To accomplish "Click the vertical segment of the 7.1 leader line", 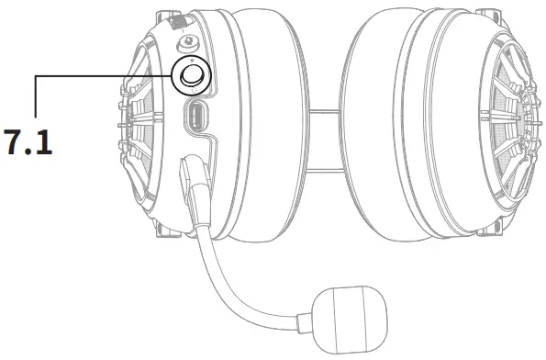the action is click(35, 102).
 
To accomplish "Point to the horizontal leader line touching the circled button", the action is click(101, 76).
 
